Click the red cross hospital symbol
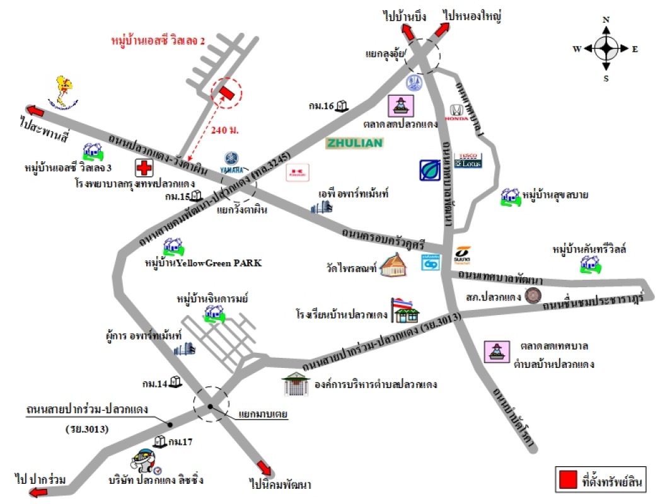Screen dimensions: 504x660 click(144, 168)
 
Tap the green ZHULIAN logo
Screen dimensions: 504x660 click(354, 143)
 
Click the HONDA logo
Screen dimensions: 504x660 click(457, 113)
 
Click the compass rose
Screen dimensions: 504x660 click(606, 48)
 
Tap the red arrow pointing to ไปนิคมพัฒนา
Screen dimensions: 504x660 click(265, 468)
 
